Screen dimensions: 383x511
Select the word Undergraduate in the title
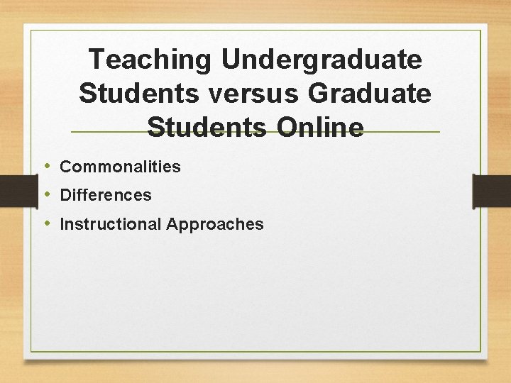coord(322,60)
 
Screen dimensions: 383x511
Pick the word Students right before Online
coord(204,128)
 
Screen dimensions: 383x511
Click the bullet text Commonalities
coord(120,167)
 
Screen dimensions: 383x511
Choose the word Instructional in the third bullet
coord(111,225)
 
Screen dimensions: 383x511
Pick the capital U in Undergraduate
coord(231,60)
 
